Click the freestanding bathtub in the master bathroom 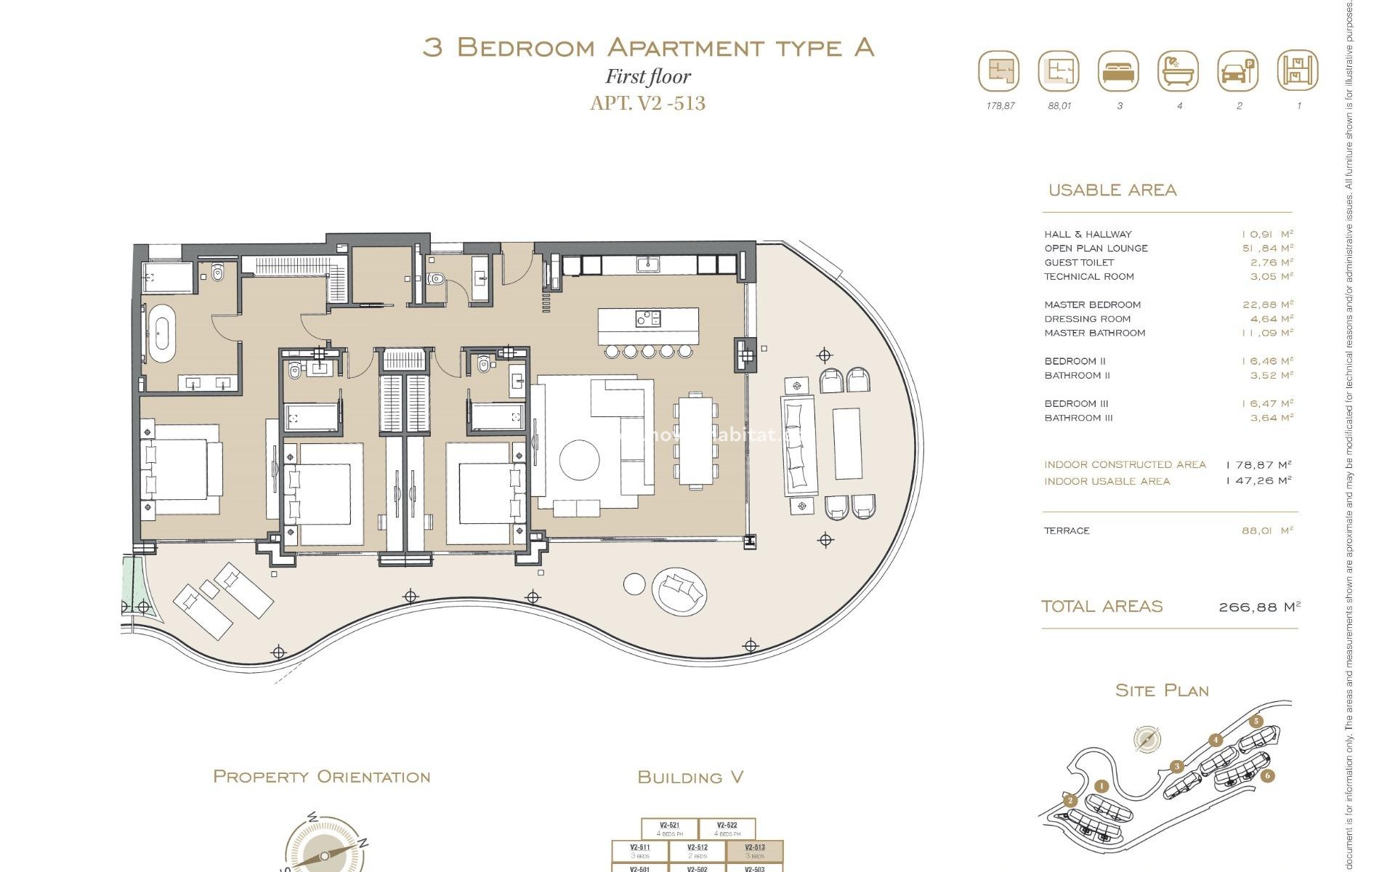click(161, 334)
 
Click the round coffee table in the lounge click(579, 460)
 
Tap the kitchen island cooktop click(647, 318)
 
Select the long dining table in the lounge click(696, 440)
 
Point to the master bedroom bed click(182, 469)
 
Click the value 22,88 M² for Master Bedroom click(1267, 304)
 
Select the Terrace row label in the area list click(1067, 531)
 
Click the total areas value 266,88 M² click(1259, 607)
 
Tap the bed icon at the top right click(1118, 71)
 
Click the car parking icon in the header click(1237, 71)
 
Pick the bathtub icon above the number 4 click(1178, 71)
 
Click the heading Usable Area click(1112, 190)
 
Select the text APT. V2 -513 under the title click(647, 103)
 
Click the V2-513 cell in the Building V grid click(755, 851)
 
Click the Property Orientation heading click(321, 777)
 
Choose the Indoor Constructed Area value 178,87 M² click(1258, 465)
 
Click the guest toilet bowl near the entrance click(436, 279)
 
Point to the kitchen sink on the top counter click(647, 265)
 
